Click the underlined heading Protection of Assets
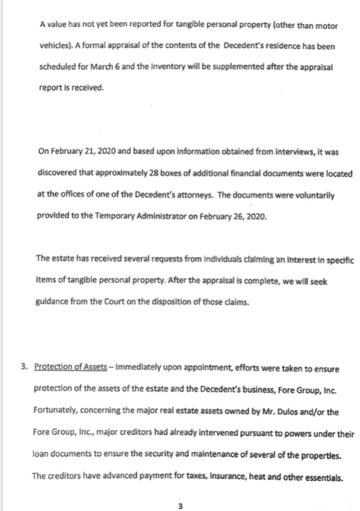[70, 367]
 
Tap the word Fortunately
[57, 411]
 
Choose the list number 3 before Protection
[24, 367]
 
